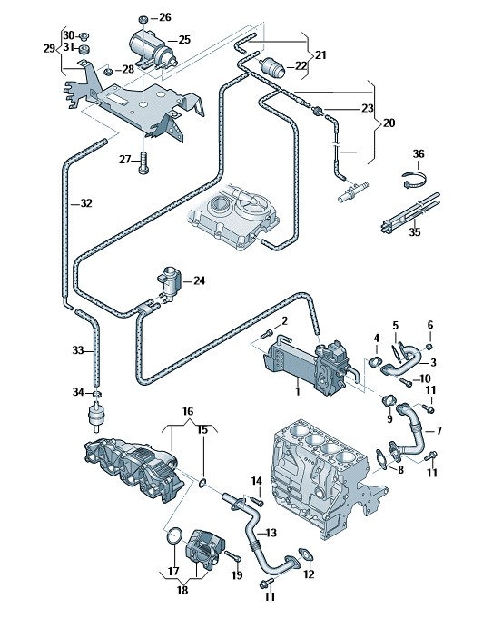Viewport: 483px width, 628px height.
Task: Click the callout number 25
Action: pos(184,40)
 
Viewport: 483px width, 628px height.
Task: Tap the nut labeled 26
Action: pos(143,19)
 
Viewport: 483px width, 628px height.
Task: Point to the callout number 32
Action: pos(86,203)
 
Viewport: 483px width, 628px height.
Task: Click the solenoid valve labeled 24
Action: pos(170,281)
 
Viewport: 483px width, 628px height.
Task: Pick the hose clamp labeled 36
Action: pos(415,181)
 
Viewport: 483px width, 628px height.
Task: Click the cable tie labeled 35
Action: pos(410,213)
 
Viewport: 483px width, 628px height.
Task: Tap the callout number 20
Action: pos(389,123)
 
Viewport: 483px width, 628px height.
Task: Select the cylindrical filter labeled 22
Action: pos(272,68)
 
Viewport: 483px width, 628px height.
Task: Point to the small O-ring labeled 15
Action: pos(203,484)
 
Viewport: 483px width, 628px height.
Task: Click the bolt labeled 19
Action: pos(232,556)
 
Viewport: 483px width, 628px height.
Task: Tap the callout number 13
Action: pos(271,533)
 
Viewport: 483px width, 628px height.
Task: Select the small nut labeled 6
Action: pos(429,347)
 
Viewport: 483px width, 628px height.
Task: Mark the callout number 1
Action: pos(298,390)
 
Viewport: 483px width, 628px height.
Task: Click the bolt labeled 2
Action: pos(267,334)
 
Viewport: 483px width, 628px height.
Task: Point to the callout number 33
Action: pos(78,351)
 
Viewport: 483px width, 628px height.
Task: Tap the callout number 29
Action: pos(49,49)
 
